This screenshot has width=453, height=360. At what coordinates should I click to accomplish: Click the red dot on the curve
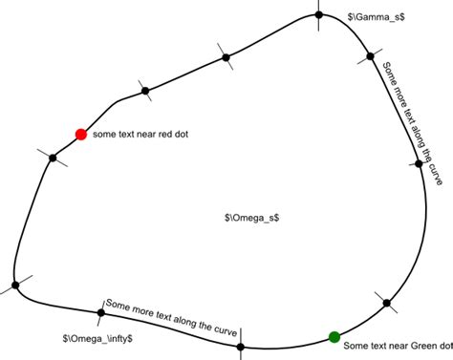click(x=80, y=134)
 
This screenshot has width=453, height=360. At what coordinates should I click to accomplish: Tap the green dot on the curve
click(x=334, y=336)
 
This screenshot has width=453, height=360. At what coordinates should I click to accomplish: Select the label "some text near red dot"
click(x=140, y=135)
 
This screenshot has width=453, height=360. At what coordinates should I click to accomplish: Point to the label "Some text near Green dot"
click(x=397, y=345)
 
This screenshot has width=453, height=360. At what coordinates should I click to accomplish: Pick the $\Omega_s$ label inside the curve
click(x=251, y=218)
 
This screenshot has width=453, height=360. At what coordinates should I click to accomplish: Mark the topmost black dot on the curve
click(x=318, y=15)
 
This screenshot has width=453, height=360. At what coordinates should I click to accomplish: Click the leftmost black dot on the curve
click(x=15, y=285)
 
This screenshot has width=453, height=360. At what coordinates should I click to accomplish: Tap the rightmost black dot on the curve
click(x=419, y=164)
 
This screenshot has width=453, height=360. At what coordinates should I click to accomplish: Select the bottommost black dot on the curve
click(x=241, y=346)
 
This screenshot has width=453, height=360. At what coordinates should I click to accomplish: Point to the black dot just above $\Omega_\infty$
click(x=100, y=312)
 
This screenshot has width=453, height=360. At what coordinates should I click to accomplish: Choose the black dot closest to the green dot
click(x=387, y=304)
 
